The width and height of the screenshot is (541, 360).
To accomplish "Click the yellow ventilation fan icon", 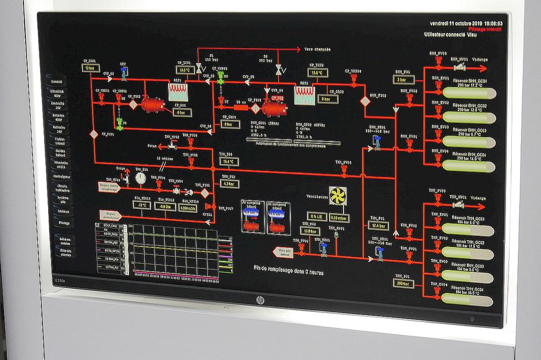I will [337, 194].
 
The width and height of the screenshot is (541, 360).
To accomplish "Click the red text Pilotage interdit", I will [485, 28].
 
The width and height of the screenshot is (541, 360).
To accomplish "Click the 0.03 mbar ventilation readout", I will [340, 217].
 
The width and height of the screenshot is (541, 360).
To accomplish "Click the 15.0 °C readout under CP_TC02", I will [317, 73].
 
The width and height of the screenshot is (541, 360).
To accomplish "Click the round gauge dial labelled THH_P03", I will [141, 178].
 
